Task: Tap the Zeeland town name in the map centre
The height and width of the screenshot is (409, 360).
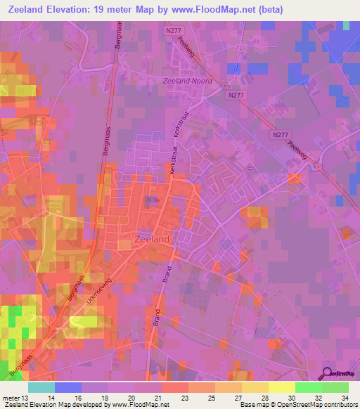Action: tap(151, 240)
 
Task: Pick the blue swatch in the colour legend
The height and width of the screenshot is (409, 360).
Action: tap(67, 387)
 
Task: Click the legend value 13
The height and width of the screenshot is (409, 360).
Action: tap(27, 398)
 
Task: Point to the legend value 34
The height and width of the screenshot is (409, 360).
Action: tap(344, 398)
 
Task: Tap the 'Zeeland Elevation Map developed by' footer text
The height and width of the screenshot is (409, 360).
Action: tap(46, 405)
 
